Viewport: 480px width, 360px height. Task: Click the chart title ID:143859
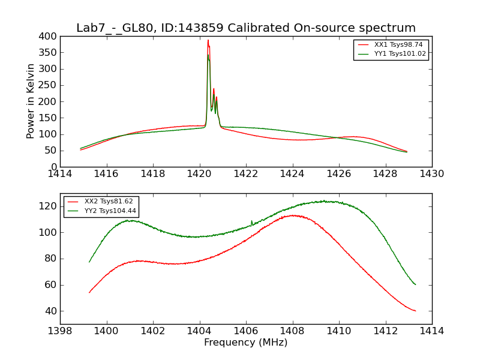(x=245, y=28)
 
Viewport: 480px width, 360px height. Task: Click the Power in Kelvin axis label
(x=31, y=101)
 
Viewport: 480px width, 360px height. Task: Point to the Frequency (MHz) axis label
(x=245, y=343)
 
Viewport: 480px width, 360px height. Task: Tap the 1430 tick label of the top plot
(x=431, y=174)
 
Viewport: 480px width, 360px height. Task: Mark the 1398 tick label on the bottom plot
(x=60, y=331)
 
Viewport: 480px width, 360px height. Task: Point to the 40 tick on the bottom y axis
(x=50, y=311)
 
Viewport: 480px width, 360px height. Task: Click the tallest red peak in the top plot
(x=208, y=41)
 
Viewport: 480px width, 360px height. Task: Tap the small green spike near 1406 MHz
(x=251, y=221)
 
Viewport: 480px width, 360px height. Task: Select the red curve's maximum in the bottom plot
(x=293, y=215)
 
